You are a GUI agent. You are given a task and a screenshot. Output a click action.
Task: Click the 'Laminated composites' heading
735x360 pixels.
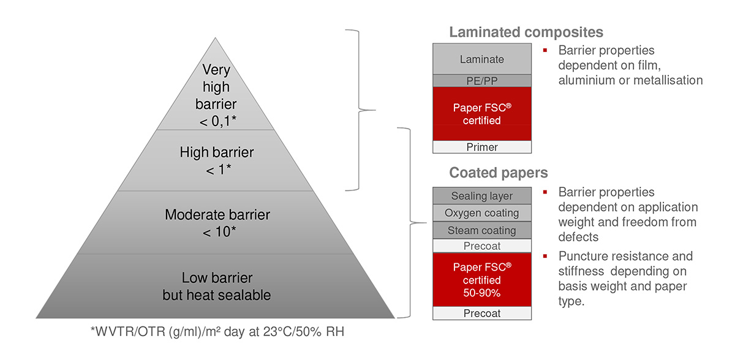pos(526,32)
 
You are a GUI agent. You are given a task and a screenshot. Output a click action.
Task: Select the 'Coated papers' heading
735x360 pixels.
pos(499,173)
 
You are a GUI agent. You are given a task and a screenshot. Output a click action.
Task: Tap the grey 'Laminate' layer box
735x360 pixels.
pos(482,59)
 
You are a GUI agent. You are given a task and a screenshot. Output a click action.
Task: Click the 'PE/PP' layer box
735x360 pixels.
pos(482,81)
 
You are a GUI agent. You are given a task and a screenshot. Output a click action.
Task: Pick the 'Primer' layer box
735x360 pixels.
pos(482,147)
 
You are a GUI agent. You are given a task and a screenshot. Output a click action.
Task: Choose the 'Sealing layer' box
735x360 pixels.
pos(482,196)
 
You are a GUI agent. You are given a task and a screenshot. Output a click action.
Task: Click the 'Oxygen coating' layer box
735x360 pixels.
pos(482,213)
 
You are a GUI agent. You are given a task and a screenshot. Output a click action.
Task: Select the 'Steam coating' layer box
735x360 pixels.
pos(482,230)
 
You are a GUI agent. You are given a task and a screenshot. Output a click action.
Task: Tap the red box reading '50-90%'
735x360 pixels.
pos(482,280)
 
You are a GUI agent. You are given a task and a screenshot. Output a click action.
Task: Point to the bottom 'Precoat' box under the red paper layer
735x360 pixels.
pos(482,313)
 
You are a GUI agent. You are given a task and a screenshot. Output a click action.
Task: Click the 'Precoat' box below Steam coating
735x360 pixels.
pos(482,246)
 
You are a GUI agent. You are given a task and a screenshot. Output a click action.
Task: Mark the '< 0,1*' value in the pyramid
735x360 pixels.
pos(217,121)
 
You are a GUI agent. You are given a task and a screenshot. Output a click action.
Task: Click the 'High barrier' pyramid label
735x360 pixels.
pos(217,152)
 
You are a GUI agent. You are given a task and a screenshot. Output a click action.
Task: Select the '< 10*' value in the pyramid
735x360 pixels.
pos(219,232)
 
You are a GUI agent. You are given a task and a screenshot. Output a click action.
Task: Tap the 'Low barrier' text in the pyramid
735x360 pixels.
pos(217,278)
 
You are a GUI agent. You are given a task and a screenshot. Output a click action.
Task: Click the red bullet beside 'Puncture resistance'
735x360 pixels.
pos(545,256)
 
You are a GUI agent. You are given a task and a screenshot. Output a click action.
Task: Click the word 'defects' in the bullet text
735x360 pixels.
pos(578,237)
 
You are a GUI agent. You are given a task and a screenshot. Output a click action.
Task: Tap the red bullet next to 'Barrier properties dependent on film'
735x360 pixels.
pos(545,50)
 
